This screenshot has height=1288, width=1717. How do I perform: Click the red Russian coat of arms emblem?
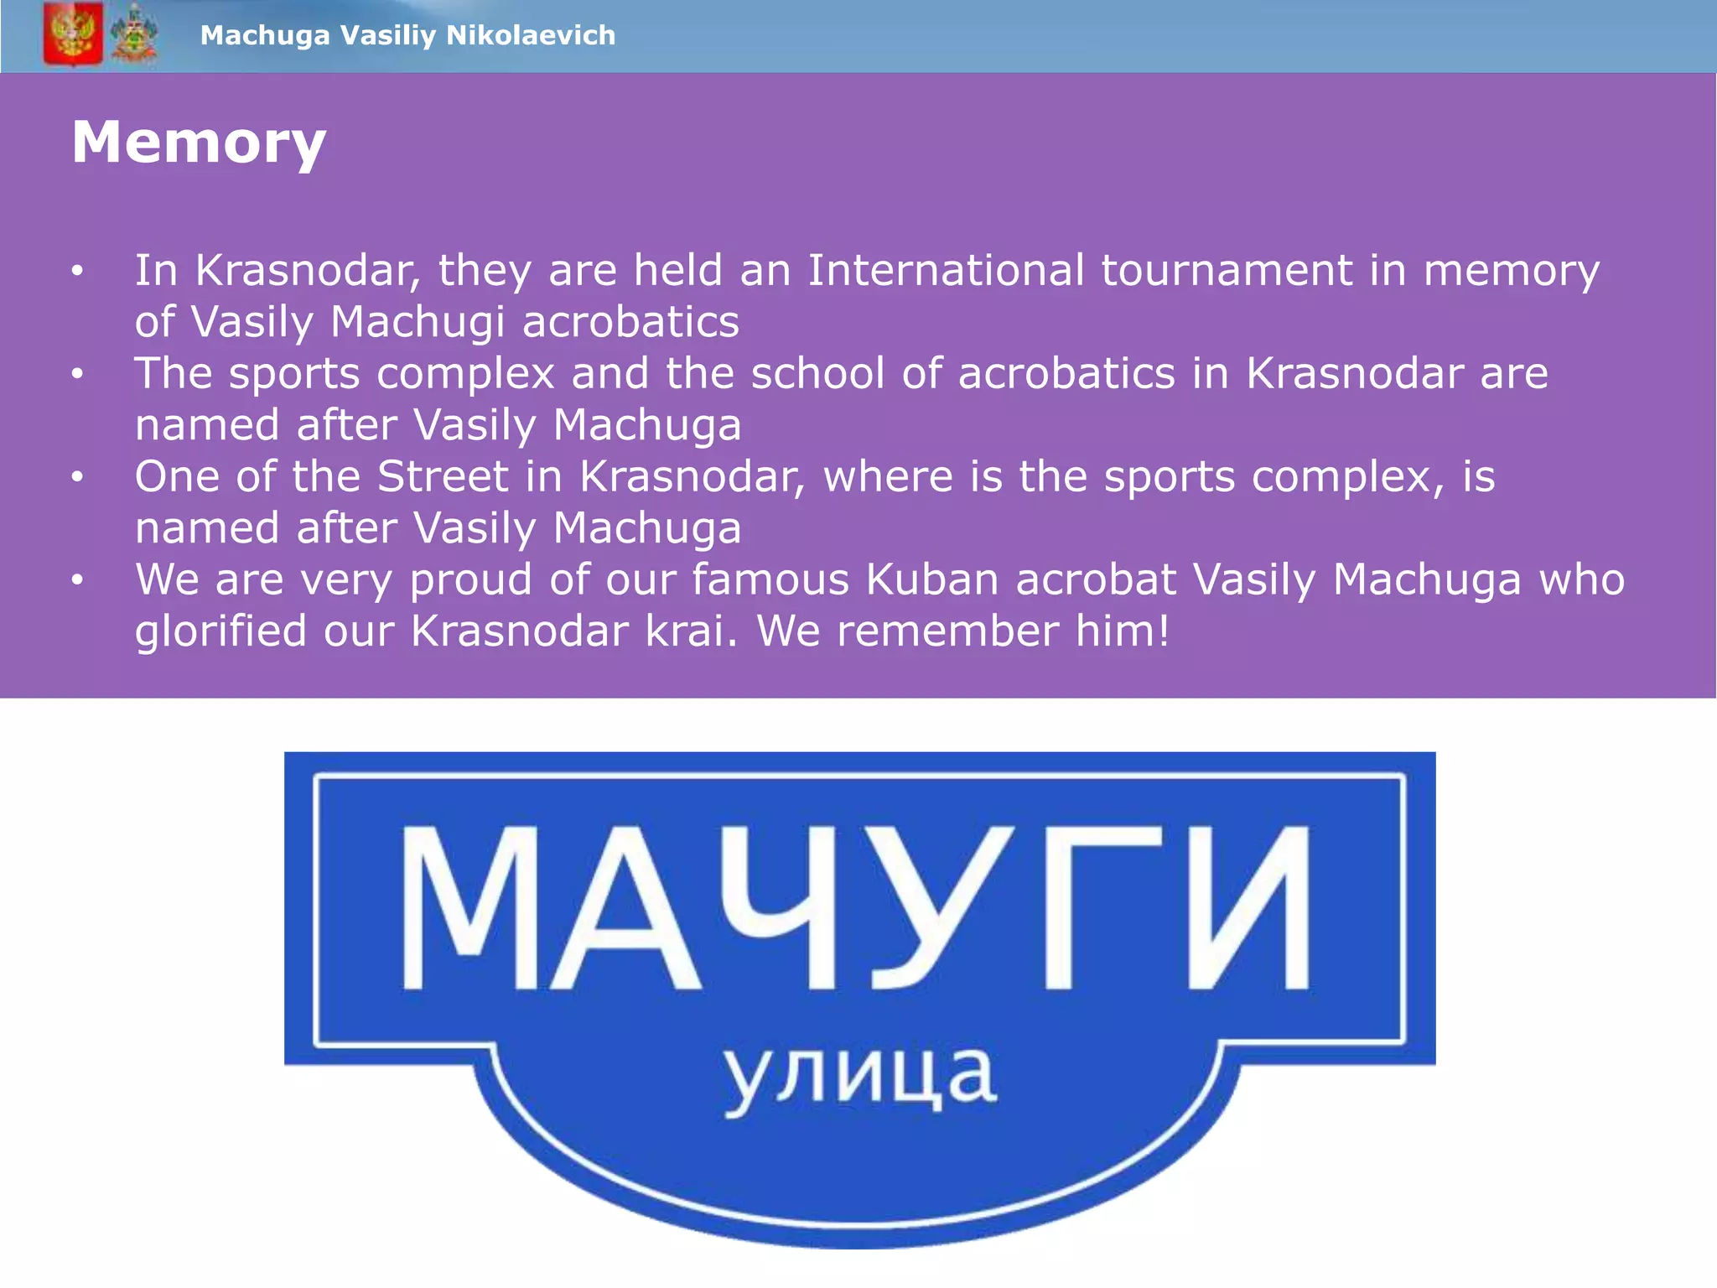pyautogui.click(x=73, y=34)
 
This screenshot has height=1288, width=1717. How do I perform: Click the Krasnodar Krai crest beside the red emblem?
pyautogui.click(x=134, y=34)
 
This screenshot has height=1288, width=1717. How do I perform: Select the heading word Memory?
pyautogui.click(x=199, y=143)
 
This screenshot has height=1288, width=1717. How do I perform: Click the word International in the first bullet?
pyautogui.click(x=946, y=270)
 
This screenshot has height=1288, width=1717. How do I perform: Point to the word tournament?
pyautogui.click(x=1226, y=270)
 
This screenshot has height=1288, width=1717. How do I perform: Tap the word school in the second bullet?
pyautogui.click(x=817, y=373)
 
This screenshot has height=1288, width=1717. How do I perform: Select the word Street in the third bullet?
pyautogui.click(x=443, y=476)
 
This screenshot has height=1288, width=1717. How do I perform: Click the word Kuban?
pyautogui.click(x=932, y=579)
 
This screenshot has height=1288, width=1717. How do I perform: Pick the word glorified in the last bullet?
pyautogui.click(x=220, y=631)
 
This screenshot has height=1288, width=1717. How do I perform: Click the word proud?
pyautogui.click(x=470, y=579)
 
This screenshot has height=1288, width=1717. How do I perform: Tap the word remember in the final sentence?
pyautogui.click(x=947, y=631)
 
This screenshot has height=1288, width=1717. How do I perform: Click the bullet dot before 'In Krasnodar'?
pyautogui.click(x=77, y=270)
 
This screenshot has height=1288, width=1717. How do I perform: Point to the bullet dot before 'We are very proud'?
pyautogui.click(x=77, y=579)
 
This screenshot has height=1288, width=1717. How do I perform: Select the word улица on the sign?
pyautogui.click(x=860, y=1077)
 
